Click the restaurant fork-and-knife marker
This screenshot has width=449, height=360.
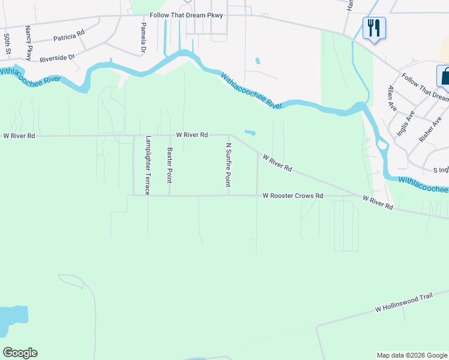(374, 28)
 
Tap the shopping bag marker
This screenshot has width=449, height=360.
(444, 76)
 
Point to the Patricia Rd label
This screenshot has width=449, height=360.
(69, 37)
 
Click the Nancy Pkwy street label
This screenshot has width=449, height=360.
(28, 43)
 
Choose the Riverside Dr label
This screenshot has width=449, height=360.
(57, 58)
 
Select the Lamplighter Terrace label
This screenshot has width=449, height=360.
(147, 165)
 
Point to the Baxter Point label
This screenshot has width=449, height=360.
(170, 166)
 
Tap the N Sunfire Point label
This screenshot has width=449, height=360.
(228, 164)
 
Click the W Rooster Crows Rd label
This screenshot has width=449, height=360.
(293, 196)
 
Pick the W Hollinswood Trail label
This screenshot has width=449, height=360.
(403, 306)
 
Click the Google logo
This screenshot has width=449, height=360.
(20, 353)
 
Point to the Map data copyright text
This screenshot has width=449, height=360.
(412, 355)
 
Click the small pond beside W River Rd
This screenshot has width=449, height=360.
(250, 132)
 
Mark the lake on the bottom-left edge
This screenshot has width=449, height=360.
(12, 320)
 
